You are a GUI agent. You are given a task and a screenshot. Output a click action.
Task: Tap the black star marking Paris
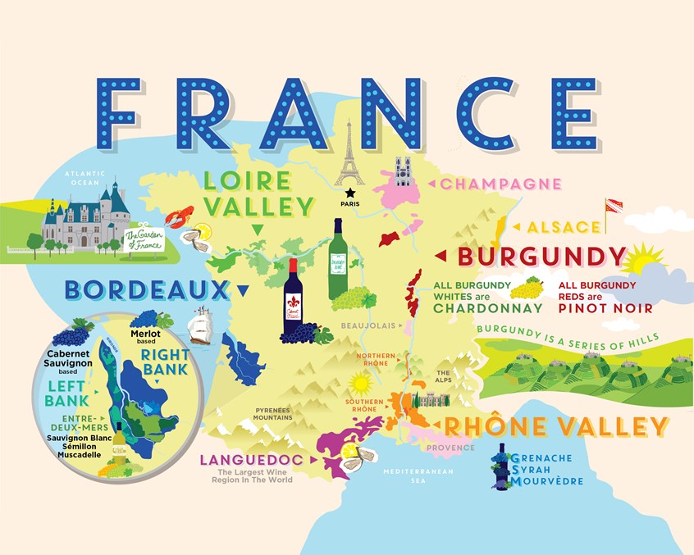click(x=351, y=192)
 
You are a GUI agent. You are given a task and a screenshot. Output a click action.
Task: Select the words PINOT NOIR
click(x=605, y=308)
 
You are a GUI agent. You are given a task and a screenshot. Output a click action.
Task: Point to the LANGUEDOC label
click(x=251, y=461)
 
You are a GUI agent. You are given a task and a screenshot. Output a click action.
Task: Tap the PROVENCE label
click(x=450, y=448)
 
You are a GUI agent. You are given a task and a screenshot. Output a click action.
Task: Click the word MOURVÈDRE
click(x=547, y=481)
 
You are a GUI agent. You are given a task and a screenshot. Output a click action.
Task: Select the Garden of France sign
click(x=146, y=239)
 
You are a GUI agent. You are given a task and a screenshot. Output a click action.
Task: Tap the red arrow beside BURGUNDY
click(x=441, y=257)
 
